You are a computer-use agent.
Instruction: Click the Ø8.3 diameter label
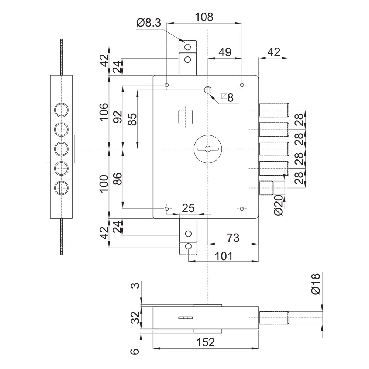click(148, 23)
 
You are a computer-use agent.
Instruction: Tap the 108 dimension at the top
click(204, 17)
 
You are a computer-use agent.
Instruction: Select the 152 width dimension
click(206, 342)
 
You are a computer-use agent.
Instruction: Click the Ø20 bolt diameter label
click(278, 205)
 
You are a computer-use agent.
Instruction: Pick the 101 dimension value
click(224, 256)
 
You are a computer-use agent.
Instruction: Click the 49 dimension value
click(225, 52)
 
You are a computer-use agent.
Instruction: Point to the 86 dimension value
click(118, 179)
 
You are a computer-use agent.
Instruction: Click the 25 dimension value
click(189, 208)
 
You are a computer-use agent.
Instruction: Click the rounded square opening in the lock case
click(186, 117)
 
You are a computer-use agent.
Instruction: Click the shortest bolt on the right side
click(266, 188)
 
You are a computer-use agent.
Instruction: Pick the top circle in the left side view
click(61, 110)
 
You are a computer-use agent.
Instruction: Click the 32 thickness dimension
click(135, 318)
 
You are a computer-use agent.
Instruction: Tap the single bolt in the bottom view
click(274, 318)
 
